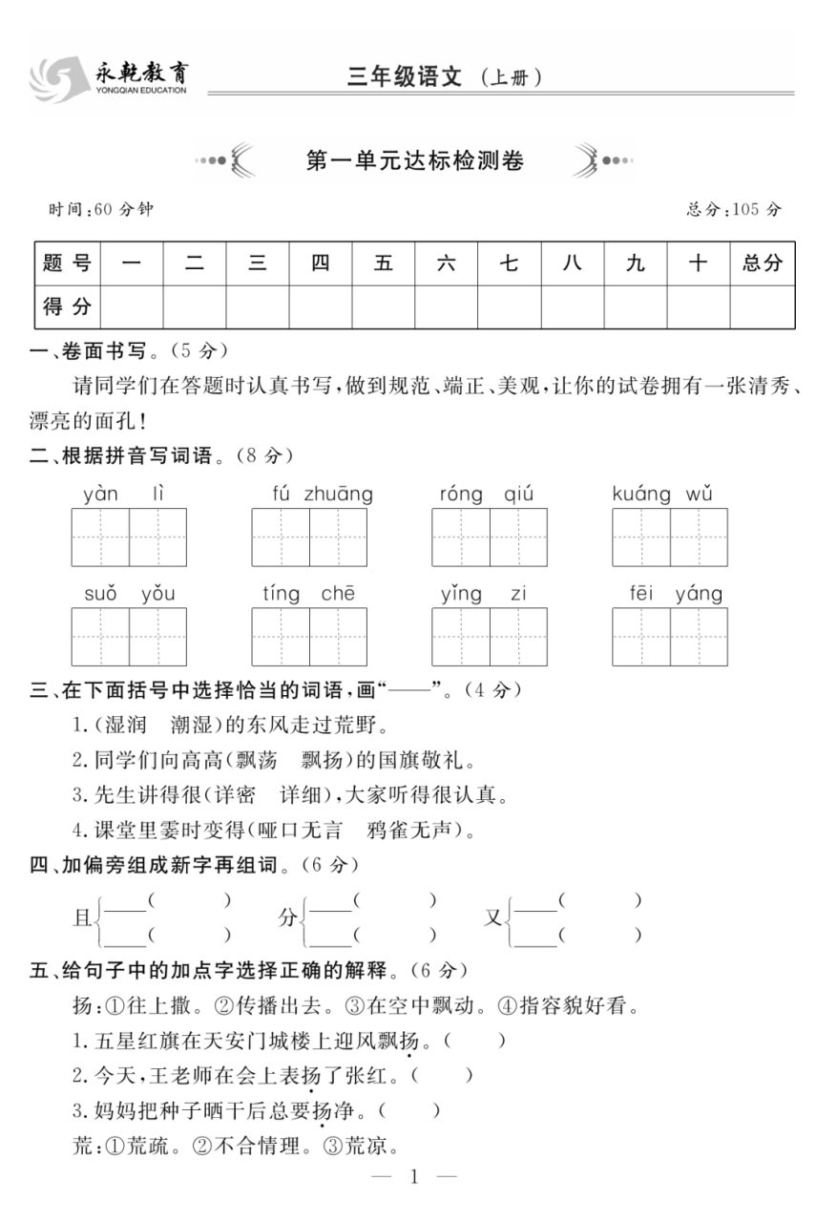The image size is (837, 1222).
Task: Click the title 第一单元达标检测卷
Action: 414,160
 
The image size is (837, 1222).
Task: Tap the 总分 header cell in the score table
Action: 761,263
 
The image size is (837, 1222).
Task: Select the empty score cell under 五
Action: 383,306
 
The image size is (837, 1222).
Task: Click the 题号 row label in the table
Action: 67,263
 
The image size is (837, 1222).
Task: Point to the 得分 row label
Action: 67,306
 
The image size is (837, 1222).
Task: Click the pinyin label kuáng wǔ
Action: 662,494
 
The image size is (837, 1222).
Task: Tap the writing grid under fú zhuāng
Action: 309,537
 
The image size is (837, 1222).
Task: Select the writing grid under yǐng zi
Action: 490,637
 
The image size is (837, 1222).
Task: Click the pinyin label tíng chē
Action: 308,594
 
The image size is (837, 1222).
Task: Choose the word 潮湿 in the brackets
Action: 196,726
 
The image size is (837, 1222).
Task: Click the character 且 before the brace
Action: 82,918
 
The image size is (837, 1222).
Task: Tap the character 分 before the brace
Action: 287,918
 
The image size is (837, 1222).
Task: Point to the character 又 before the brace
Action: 493,918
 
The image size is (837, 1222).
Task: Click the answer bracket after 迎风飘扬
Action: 474,1041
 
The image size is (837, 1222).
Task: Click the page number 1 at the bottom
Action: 414,1176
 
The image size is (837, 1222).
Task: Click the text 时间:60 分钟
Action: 100,209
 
